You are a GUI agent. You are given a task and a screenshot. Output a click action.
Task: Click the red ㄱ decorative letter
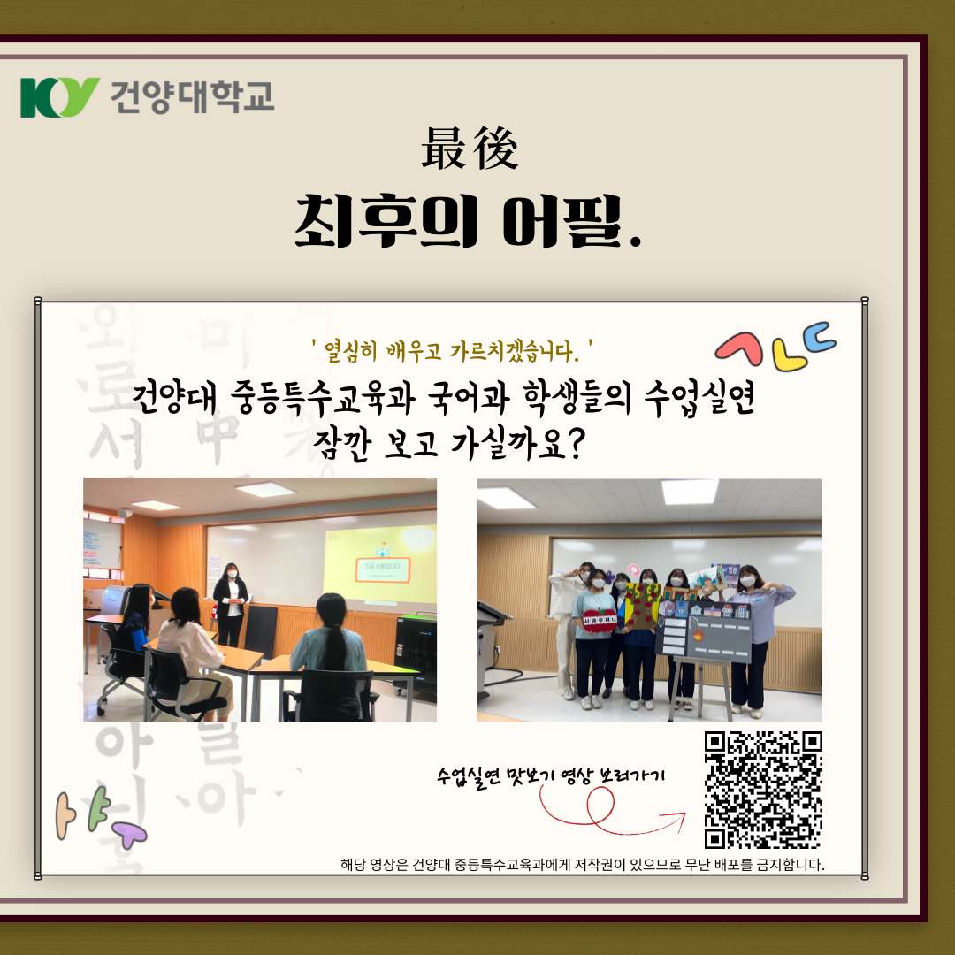coord(738,348)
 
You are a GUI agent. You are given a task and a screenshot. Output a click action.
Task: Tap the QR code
coord(763,790)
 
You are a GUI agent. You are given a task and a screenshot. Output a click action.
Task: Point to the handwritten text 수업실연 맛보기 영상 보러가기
coord(550,775)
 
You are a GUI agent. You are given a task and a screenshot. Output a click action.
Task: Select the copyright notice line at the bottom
coord(582,864)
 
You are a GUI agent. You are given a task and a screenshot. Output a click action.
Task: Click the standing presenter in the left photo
coord(231,601)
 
